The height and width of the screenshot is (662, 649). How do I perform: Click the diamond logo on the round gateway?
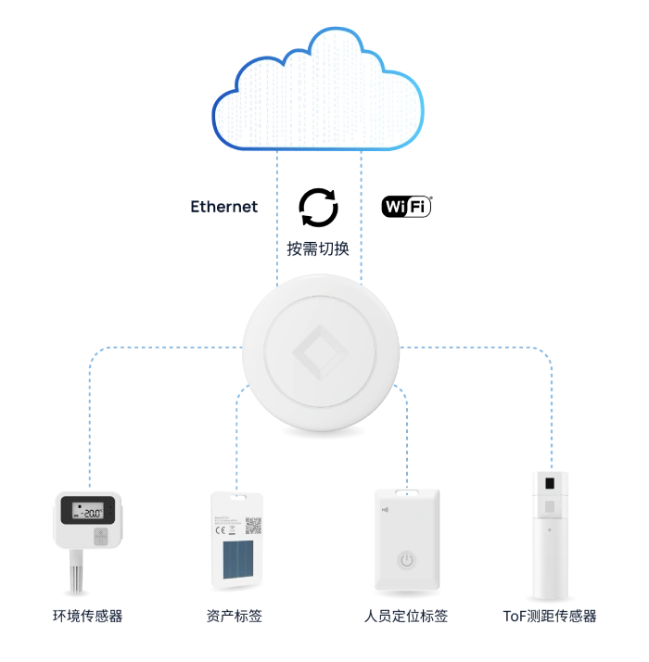(x=318, y=351)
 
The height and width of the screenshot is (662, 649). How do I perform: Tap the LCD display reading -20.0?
(x=89, y=510)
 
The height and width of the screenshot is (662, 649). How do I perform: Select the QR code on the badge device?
(x=253, y=526)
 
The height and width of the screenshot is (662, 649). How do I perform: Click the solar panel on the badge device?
(x=235, y=562)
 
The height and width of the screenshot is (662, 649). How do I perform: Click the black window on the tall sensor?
(x=549, y=484)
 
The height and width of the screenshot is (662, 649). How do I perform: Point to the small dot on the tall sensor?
(x=549, y=530)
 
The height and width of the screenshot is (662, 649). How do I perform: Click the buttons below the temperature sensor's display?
(x=101, y=537)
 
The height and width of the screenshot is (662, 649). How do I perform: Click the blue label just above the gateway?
(x=317, y=248)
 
